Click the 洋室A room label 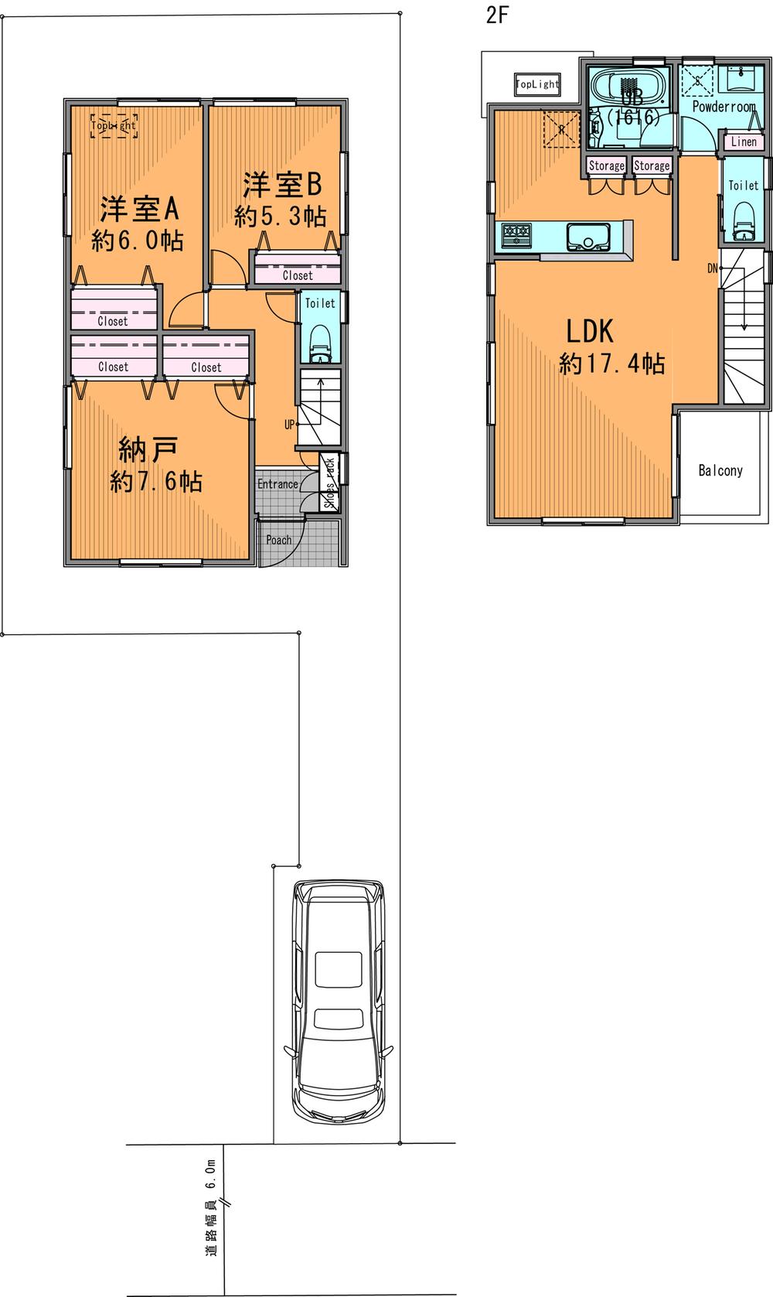pyautogui.click(x=139, y=209)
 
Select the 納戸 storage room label pyautogui.click(x=149, y=448)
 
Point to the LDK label pyautogui.click(x=590, y=331)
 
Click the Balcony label pyautogui.click(x=720, y=470)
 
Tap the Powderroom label pyautogui.click(x=723, y=107)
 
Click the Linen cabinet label pyautogui.click(x=744, y=142)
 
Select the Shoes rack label pyautogui.click(x=330, y=484)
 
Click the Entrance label pyautogui.click(x=278, y=484)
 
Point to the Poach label pyautogui.click(x=278, y=540)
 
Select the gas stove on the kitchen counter pyautogui.click(x=516, y=234)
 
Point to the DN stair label pyautogui.click(x=712, y=268)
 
